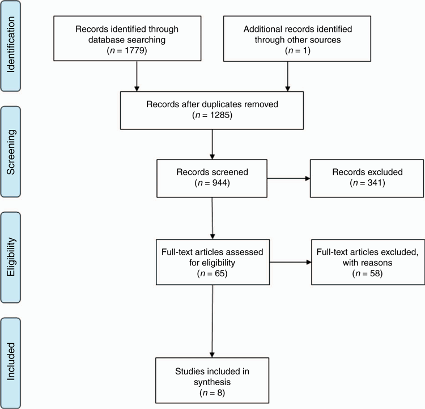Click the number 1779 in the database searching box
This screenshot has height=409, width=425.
134,50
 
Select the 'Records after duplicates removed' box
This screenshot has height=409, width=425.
212,111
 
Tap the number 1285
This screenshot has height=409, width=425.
220,115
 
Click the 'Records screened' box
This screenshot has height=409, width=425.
212,178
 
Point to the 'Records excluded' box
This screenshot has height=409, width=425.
367,178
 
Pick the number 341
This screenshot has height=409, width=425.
375,183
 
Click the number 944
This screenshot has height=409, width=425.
220,183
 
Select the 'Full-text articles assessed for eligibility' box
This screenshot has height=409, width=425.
212,262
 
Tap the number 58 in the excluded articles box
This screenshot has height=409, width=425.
375,273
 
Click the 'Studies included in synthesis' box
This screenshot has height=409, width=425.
212,380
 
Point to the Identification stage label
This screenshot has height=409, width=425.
11,45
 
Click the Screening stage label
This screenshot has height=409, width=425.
11,151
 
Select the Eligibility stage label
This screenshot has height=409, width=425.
11,258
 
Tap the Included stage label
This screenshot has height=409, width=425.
11,361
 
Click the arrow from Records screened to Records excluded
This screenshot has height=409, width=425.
288,178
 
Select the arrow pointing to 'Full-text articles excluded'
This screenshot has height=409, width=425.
291,262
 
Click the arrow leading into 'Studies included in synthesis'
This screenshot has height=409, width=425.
212,321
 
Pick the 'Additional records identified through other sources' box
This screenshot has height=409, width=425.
297,39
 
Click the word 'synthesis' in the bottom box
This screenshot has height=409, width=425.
212,382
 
